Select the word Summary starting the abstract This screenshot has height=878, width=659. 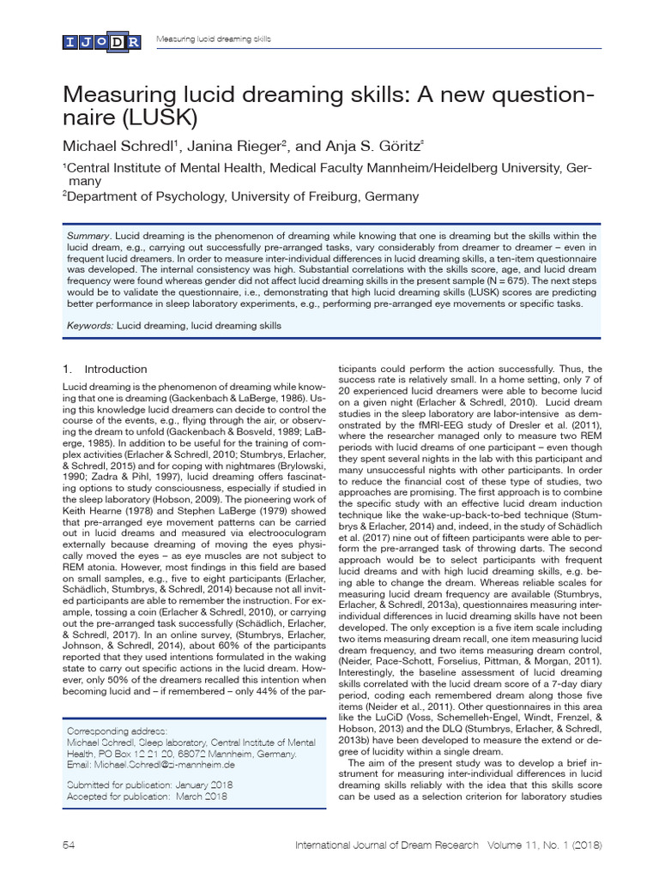pos(88,236)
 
